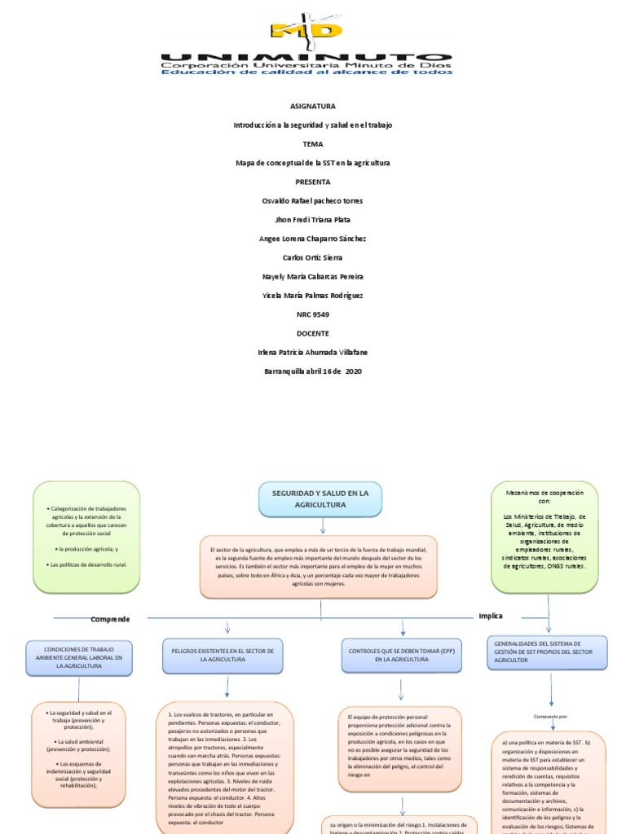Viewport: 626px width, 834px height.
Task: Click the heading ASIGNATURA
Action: click(x=312, y=106)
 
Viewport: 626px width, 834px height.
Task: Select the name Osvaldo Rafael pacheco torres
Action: click(x=312, y=200)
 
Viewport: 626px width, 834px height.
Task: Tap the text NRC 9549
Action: click(x=312, y=314)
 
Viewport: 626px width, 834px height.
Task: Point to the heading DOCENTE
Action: click(x=312, y=333)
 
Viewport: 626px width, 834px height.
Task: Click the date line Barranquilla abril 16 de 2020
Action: click(x=312, y=371)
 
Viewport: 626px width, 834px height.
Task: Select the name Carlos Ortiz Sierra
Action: click(x=312, y=257)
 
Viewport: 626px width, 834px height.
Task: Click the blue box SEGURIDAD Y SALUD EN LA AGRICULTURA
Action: click(x=320, y=498)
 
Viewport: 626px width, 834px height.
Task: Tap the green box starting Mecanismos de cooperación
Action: click(x=544, y=536)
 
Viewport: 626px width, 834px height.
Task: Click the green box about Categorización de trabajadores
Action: click(x=86, y=536)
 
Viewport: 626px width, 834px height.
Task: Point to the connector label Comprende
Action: click(x=110, y=619)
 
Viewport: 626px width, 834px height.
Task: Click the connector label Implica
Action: click(x=491, y=616)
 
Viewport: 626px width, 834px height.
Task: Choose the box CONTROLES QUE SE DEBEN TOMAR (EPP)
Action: click(x=401, y=656)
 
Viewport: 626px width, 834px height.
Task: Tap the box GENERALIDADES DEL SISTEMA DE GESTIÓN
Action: click(x=546, y=652)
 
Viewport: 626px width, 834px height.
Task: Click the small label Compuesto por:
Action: click(x=551, y=717)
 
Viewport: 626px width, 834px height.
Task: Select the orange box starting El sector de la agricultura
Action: click(x=319, y=568)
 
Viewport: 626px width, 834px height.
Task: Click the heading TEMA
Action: click(x=312, y=143)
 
